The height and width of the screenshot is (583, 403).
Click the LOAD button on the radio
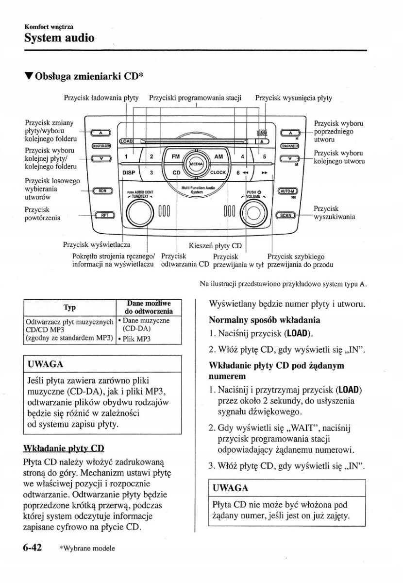click(x=126, y=141)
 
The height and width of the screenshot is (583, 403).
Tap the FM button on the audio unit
click(x=175, y=156)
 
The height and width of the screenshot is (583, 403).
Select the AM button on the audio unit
click(x=218, y=156)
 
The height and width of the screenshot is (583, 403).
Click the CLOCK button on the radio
click(x=218, y=172)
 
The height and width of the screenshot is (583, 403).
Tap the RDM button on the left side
click(x=102, y=191)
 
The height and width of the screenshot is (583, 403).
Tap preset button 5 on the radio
click(x=265, y=156)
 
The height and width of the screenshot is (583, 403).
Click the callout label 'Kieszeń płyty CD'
click(x=215, y=245)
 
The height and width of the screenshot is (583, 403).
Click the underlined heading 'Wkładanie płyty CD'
click(x=64, y=448)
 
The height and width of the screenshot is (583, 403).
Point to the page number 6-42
click(x=32, y=548)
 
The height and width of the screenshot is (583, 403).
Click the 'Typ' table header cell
click(x=69, y=308)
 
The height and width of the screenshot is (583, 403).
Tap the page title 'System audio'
click(x=59, y=37)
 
